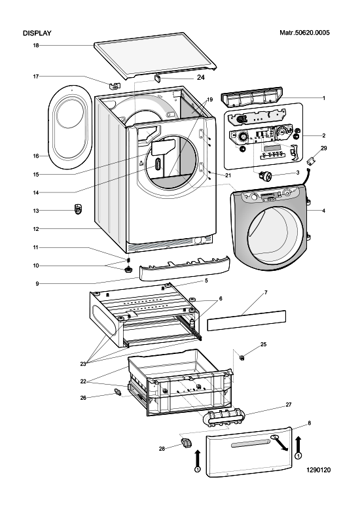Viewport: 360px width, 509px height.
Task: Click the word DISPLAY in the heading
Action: [x=37, y=33]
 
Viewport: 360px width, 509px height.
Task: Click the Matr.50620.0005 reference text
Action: [x=304, y=33]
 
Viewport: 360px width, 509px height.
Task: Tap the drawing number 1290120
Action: [x=318, y=470]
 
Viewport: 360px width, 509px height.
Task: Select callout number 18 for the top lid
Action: [x=36, y=45]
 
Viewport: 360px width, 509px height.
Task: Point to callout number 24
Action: [x=201, y=78]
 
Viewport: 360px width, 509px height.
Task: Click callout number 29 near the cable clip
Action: [x=324, y=148]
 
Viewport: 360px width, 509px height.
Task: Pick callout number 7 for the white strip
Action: [x=266, y=292]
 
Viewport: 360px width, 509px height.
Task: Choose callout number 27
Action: [x=289, y=404]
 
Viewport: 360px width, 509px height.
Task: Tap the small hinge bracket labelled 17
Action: [x=115, y=85]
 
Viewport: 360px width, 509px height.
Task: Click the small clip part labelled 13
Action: [x=79, y=209]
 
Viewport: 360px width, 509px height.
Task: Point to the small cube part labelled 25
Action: [x=242, y=357]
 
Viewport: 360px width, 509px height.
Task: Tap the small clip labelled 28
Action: [x=186, y=443]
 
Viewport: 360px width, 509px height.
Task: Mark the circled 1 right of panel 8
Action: [x=298, y=456]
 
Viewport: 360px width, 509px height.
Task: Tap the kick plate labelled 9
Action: [x=184, y=269]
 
